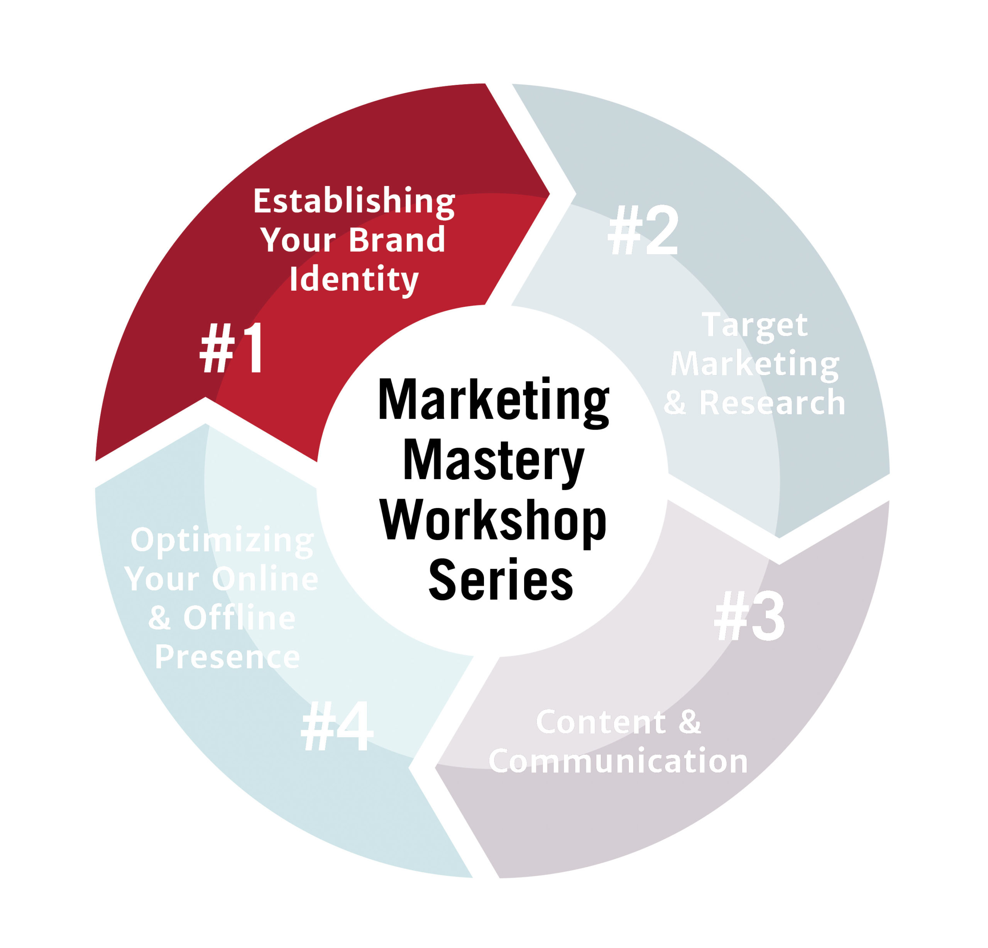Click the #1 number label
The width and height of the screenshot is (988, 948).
(x=232, y=348)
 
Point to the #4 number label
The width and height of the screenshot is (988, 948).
(x=337, y=726)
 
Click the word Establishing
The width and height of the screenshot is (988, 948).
(x=354, y=202)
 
